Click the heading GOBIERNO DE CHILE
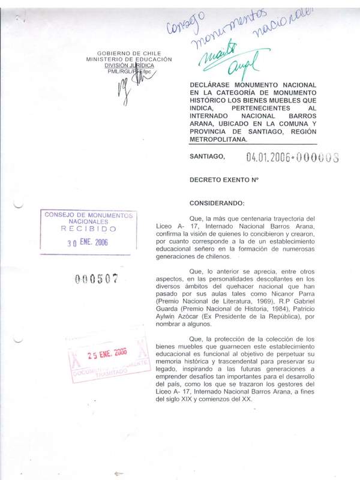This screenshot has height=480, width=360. [130, 53]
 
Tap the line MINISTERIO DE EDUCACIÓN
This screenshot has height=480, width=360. [129, 59]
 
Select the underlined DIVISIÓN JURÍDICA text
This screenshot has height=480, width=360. [129, 65]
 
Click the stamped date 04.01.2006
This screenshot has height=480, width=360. [269, 157]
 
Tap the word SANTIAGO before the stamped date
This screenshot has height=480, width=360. [207, 157]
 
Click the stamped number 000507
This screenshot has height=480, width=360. [96, 279]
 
